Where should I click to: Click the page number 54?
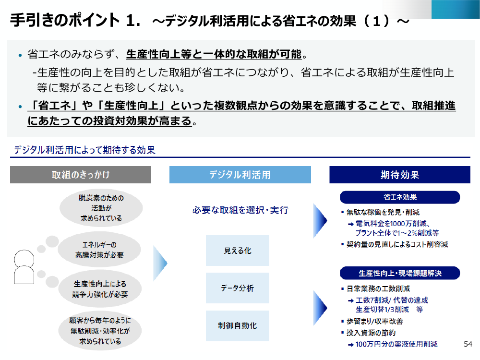[468, 344]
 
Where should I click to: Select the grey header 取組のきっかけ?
[81, 175]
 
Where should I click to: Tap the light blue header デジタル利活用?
[240, 175]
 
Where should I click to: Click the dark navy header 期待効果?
[400, 175]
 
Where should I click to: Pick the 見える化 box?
[238, 251]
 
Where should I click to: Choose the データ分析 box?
[238, 288]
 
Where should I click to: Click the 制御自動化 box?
[238, 326]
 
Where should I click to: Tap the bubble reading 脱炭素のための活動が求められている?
[101, 208]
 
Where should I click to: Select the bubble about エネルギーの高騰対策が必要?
[99, 250]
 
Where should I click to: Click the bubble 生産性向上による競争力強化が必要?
[100, 289]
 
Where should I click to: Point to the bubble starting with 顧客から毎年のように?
[100, 331]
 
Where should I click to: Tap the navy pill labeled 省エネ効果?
[400, 197]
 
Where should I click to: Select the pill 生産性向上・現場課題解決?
[400, 273]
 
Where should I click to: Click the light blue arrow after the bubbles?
[160, 263]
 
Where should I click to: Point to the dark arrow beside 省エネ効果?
[320, 221]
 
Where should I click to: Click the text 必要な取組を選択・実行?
[240, 210]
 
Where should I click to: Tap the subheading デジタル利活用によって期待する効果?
[85, 150]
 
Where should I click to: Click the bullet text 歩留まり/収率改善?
[375, 321]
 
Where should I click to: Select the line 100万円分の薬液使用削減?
[396, 344]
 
